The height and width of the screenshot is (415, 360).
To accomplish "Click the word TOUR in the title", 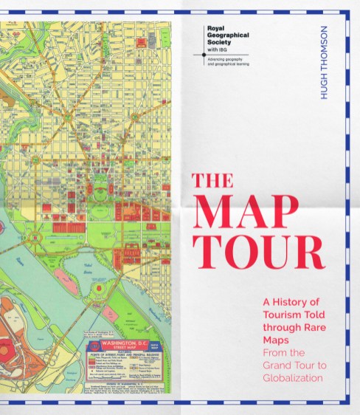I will pos(258,253).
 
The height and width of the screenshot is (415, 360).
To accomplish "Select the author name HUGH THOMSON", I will pos(322,64).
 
